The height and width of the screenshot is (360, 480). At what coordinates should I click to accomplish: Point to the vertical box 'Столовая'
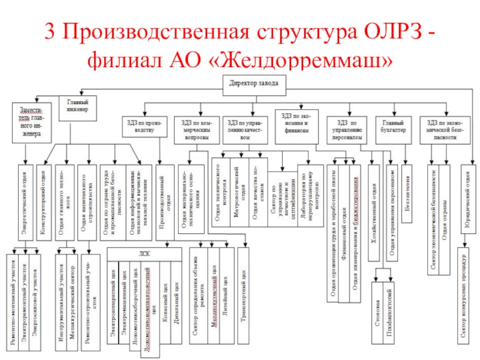pyautogui.click(x=377, y=312)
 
